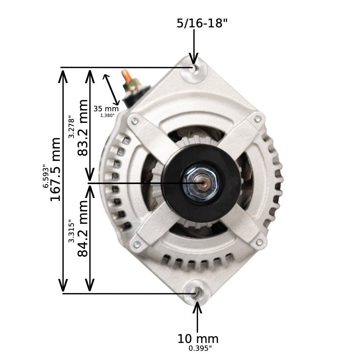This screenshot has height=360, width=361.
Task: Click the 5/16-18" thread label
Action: click(202, 23)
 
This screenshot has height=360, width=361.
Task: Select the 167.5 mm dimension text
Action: click(55, 169)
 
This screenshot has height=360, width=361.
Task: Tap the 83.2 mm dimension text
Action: click(83, 128)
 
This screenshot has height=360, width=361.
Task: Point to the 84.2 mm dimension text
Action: click(83, 228)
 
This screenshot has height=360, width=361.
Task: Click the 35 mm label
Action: click(106, 109)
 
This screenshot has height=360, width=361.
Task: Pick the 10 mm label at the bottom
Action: click(198, 339)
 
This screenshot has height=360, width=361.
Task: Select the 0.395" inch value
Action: click(200, 349)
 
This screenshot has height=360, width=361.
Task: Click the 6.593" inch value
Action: click(46, 176)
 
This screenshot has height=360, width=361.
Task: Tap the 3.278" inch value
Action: click(72, 127)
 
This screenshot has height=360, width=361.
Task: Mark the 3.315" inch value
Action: click(72, 231)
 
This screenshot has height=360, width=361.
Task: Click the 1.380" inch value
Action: click(107, 115)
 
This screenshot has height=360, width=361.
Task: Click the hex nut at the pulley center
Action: click(202, 183)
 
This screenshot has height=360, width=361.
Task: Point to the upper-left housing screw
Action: click(135, 122)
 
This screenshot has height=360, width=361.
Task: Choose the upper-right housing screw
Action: click(258, 119)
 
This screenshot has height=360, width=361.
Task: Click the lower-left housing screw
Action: click(136, 245)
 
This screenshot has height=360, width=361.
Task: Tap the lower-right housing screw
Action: click(259, 242)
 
